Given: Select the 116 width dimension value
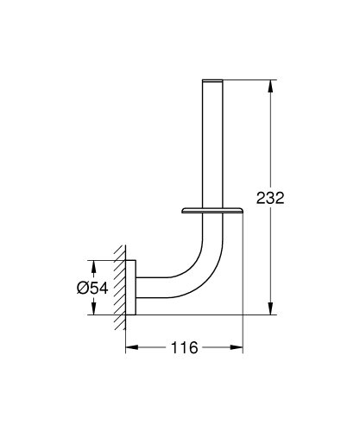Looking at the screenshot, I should pos(182,349).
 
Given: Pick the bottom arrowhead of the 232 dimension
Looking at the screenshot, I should pos(273,314).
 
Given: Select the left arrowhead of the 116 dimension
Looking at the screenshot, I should pos(132,349).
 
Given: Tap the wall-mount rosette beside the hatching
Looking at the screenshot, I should pos(130,289).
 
